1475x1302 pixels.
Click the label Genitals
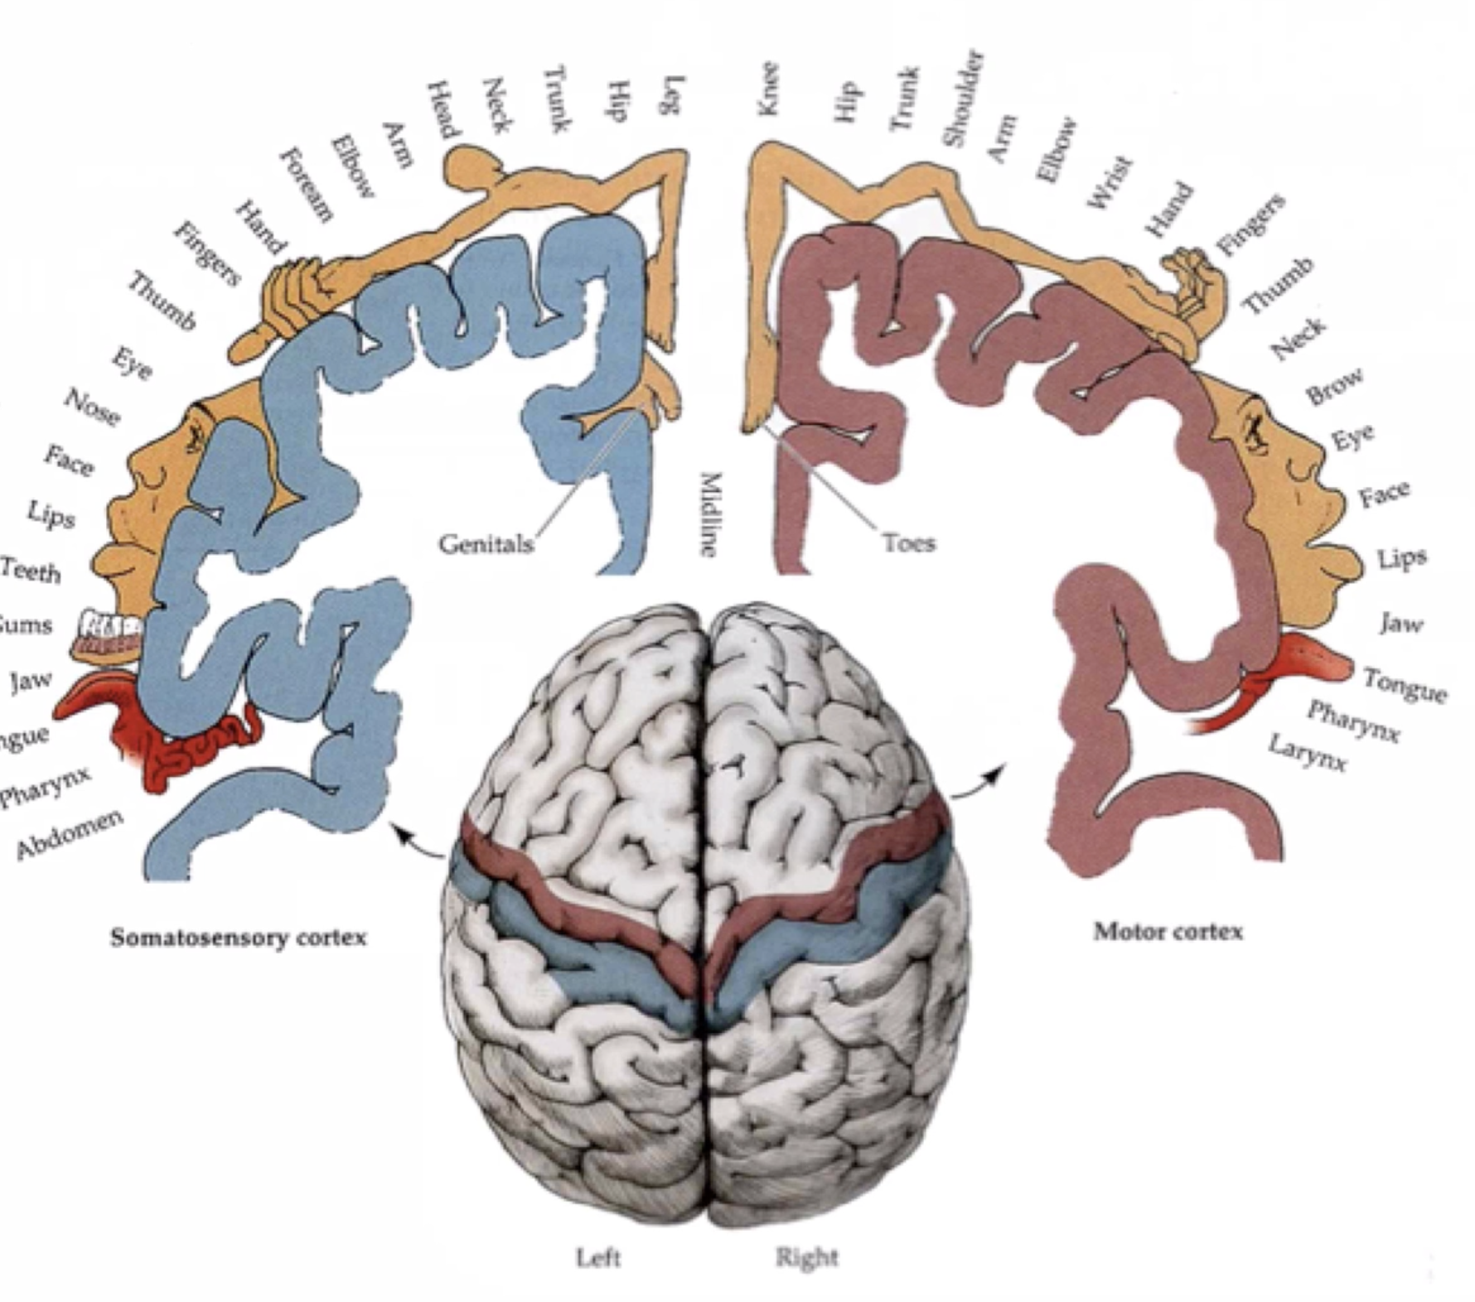486,544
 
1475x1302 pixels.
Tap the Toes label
909,543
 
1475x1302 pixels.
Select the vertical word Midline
708,514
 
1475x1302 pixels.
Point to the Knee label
767,89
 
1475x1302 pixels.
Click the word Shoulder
965,99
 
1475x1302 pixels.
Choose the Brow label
1333,385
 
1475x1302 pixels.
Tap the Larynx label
1307,752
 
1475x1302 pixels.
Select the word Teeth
31,571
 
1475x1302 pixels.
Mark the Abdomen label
70,832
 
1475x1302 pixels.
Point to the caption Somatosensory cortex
239,938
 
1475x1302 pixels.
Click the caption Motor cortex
1168,932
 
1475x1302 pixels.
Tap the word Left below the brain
597,1257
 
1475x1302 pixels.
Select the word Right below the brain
806,1257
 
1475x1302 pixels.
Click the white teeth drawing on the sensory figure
108,625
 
